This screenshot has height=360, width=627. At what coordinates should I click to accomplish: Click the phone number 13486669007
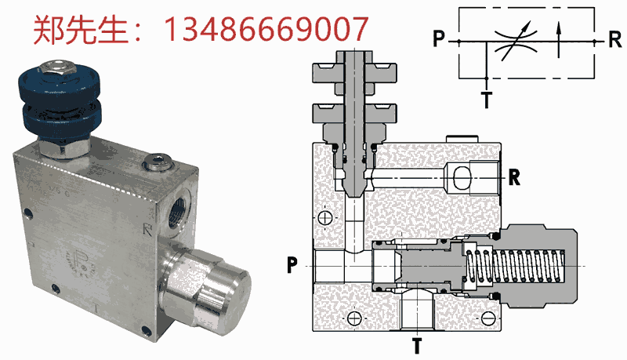pos(266,29)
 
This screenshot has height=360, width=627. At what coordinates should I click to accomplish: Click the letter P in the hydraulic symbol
pos(439,38)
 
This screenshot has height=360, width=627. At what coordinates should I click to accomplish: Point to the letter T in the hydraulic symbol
pos(487,100)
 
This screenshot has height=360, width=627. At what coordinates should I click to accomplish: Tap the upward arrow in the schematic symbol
pos(559,40)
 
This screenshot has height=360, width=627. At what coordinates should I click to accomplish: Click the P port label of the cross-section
pos(292,265)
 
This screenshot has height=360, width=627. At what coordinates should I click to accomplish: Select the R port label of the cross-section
pos(514,176)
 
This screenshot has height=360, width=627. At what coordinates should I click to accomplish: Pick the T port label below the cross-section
pos(417,346)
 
